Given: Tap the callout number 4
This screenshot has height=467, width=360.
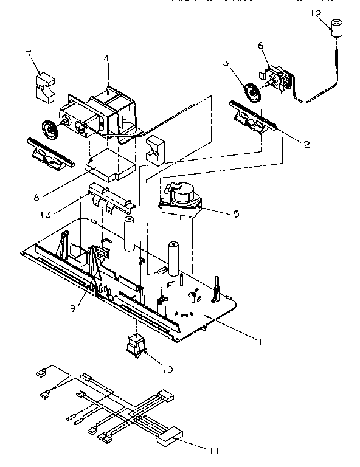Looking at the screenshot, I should (106, 58).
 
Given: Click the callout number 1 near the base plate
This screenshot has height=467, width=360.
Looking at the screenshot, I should (260, 342).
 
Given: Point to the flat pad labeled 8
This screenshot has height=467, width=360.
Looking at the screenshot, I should (111, 164).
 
